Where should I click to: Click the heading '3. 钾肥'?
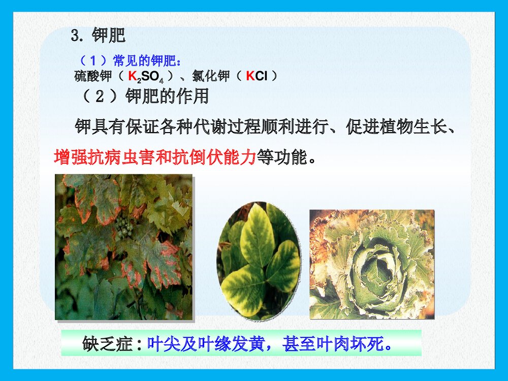(x=98, y=36)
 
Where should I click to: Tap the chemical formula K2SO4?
(x=145, y=77)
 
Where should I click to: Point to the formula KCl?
(x=257, y=77)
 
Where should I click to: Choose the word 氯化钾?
(x=210, y=77)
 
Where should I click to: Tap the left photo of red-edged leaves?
(x=123, y=247)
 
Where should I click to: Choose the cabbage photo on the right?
(x=372, y=264)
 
